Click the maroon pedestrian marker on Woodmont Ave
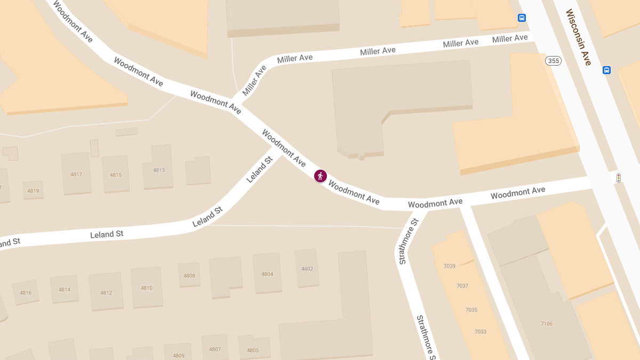click(320, 175)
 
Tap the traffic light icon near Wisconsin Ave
click(619, 178)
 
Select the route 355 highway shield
click(553, 61)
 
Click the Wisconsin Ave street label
click(579, 37)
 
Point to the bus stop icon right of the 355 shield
click(606, 70)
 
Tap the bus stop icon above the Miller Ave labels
click(522, 18)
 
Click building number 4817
click(76, 174)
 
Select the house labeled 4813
click(159, 170)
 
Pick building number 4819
click(33, 190)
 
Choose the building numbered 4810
click(147, 288)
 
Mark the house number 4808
click(189, 276)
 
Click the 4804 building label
click(267, 274)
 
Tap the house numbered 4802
click(307, 269)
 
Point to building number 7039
click(449, 266)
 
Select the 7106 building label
click(546, 324)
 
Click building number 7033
click(480, 332)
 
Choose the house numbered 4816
click(26, 293)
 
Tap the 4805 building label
click(253, 350)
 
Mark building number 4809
click(178, 356)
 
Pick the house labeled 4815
click(116, 175)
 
